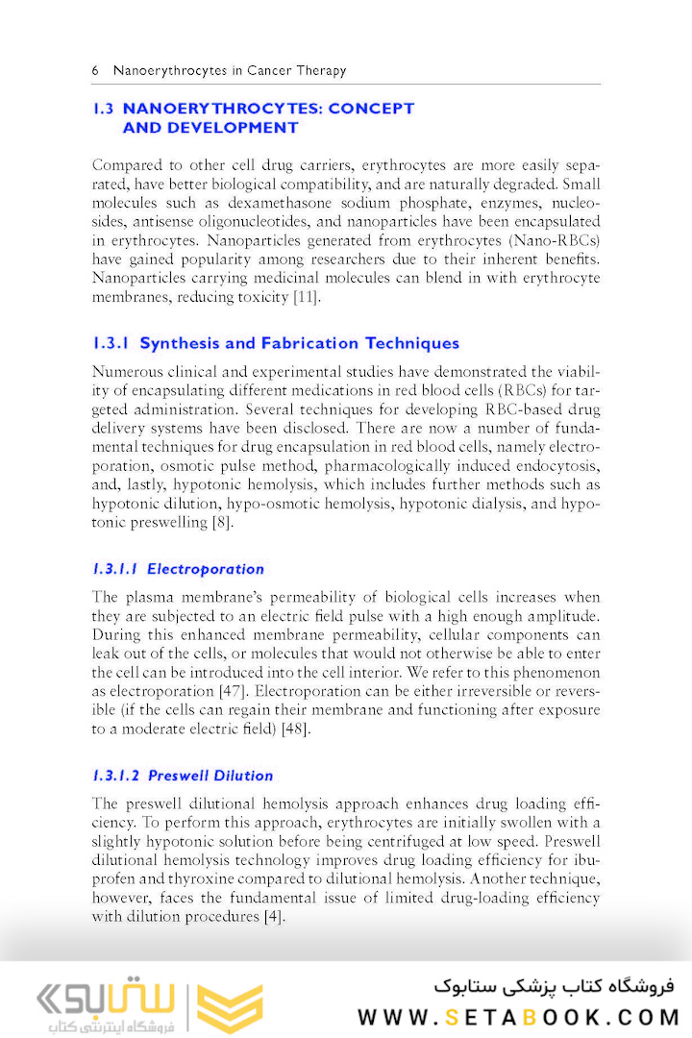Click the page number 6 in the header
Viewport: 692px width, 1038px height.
point(95,70)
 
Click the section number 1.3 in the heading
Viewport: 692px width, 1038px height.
point(104,109)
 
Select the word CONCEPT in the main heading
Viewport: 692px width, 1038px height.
point(371,109)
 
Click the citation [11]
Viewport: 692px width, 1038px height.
point(306,297)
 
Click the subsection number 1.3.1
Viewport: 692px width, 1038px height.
point(111,343)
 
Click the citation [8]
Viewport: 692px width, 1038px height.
point(222,523)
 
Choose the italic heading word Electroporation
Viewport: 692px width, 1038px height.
point(206,569)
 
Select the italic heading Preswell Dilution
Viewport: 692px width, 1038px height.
point(210,776)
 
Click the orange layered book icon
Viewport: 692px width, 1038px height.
point(230,1008)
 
